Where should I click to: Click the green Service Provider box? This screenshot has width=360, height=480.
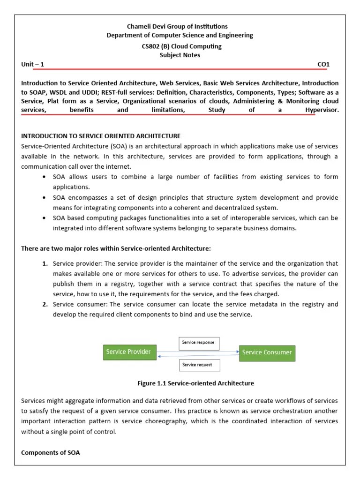pyautogui.click(x=128, y=352)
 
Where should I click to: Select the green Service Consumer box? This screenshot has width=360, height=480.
pyautogui.click(x=267, y=352)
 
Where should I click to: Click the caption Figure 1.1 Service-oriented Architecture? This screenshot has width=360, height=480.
pyautogui.click(x=195, y=383)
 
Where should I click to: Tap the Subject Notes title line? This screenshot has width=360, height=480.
pyautogui.click(x=180, y=55)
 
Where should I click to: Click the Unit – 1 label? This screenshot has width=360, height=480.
pyautogui.click(x=32, y=64)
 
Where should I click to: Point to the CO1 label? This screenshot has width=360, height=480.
pyautogui.click(x=324, y=64)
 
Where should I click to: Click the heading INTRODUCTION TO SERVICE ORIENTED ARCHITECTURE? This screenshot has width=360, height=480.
pyautogui.click(x=101, y=136)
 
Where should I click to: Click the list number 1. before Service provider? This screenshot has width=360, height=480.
pyautogui.click(x=45, y=263)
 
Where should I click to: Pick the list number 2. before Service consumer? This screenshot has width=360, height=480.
pyautogui.click(x=45, y=304)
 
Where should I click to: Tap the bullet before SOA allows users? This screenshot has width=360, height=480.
pyautogui.click(x=44, y=177)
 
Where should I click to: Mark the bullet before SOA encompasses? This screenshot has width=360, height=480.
pyautogui.click(x=44, y=197)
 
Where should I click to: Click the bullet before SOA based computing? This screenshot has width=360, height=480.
pyautogui.click(x=44, y=218)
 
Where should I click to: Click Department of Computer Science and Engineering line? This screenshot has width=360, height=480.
pyautogui.click(x=180, y=35)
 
